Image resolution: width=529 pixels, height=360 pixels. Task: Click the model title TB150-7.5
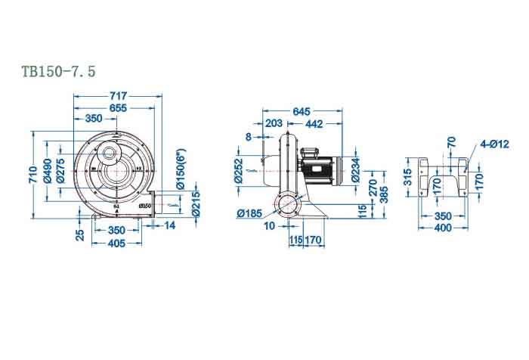coord(58,71)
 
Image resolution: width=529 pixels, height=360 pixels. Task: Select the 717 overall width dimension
coord(117,96)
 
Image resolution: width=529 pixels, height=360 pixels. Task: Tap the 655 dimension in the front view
coord(117,108)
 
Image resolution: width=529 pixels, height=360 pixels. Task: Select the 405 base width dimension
coord(116,244)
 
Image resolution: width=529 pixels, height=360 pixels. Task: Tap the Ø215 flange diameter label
coord(196,202)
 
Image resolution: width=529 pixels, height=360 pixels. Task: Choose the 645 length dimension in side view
coord(301,111)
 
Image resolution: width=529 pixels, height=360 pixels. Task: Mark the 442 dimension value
coord(314,123)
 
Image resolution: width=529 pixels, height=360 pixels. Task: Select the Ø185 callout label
coord(249,213)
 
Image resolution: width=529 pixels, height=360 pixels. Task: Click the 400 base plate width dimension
coord(444,227)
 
